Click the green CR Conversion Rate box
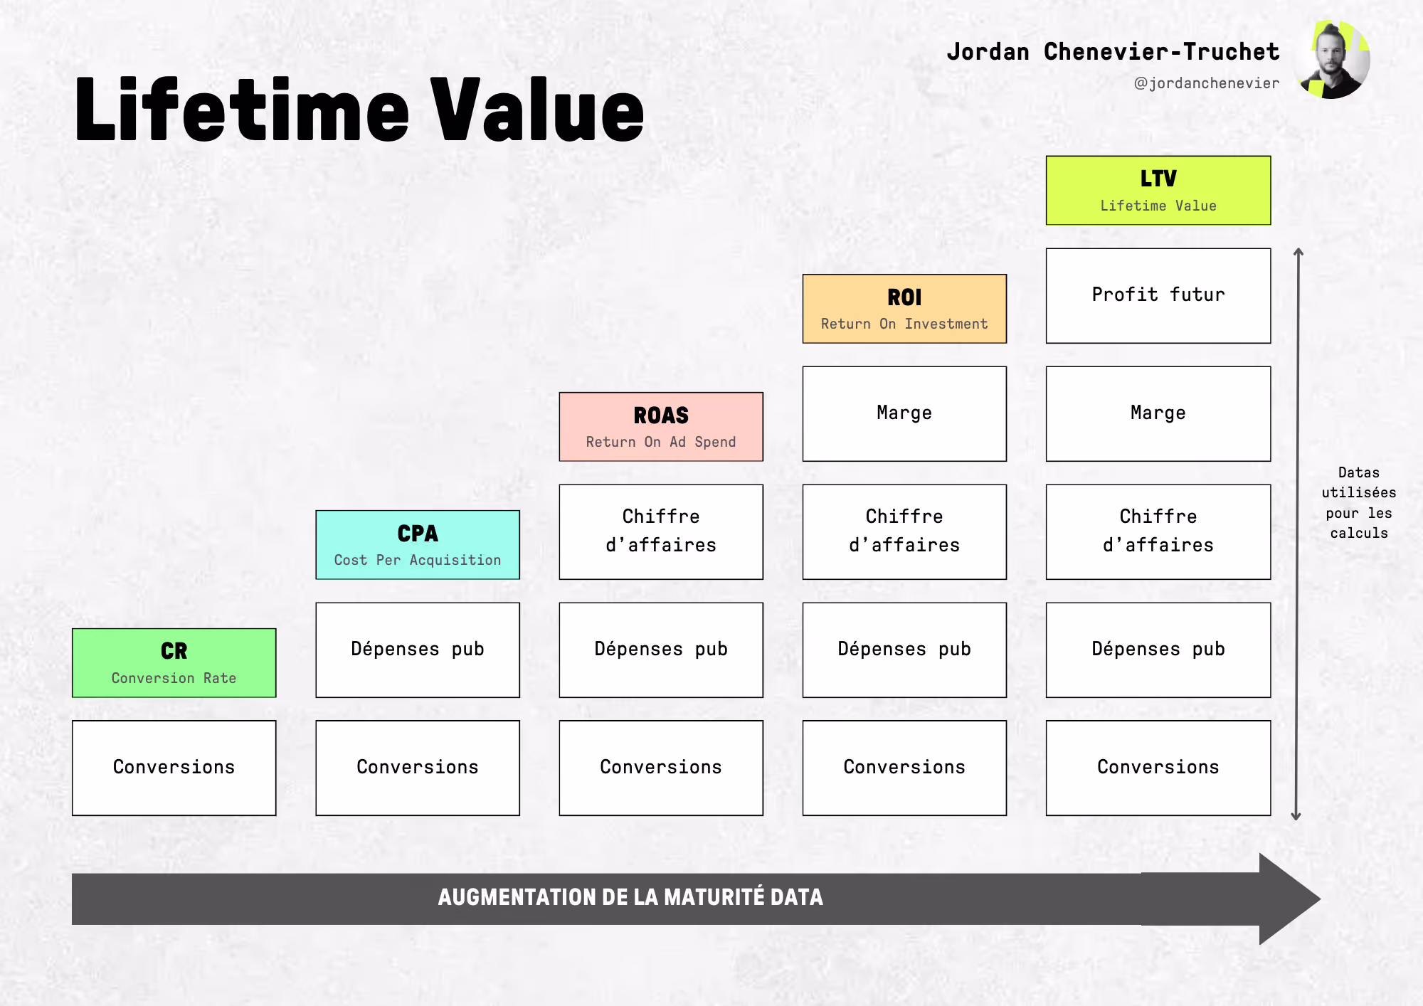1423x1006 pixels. coord(174,663)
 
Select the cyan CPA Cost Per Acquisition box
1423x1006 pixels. coord(418,545)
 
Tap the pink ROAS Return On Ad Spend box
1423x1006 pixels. coord(661,427)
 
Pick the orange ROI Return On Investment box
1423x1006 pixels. coord(904,309)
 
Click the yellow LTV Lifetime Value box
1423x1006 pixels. coord(1158,191)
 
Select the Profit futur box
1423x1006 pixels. coord(1158,296)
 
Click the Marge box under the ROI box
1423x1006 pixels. coord(904,414)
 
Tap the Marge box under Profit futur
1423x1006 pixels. coord(1158,414)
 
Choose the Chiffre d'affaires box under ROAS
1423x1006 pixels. coord(661,532)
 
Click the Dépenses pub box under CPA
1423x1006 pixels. coord(418,650)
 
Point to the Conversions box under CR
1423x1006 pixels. coord(174,768)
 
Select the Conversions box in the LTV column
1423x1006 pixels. coord(1158,768)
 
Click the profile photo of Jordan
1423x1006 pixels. coord(1332,60)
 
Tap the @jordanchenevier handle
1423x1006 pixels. coord(1207,83)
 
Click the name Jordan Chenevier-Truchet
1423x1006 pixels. coord(1113,52)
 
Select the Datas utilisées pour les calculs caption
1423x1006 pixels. coord(1359,503)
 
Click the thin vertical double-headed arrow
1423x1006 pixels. coord(1298,534)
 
